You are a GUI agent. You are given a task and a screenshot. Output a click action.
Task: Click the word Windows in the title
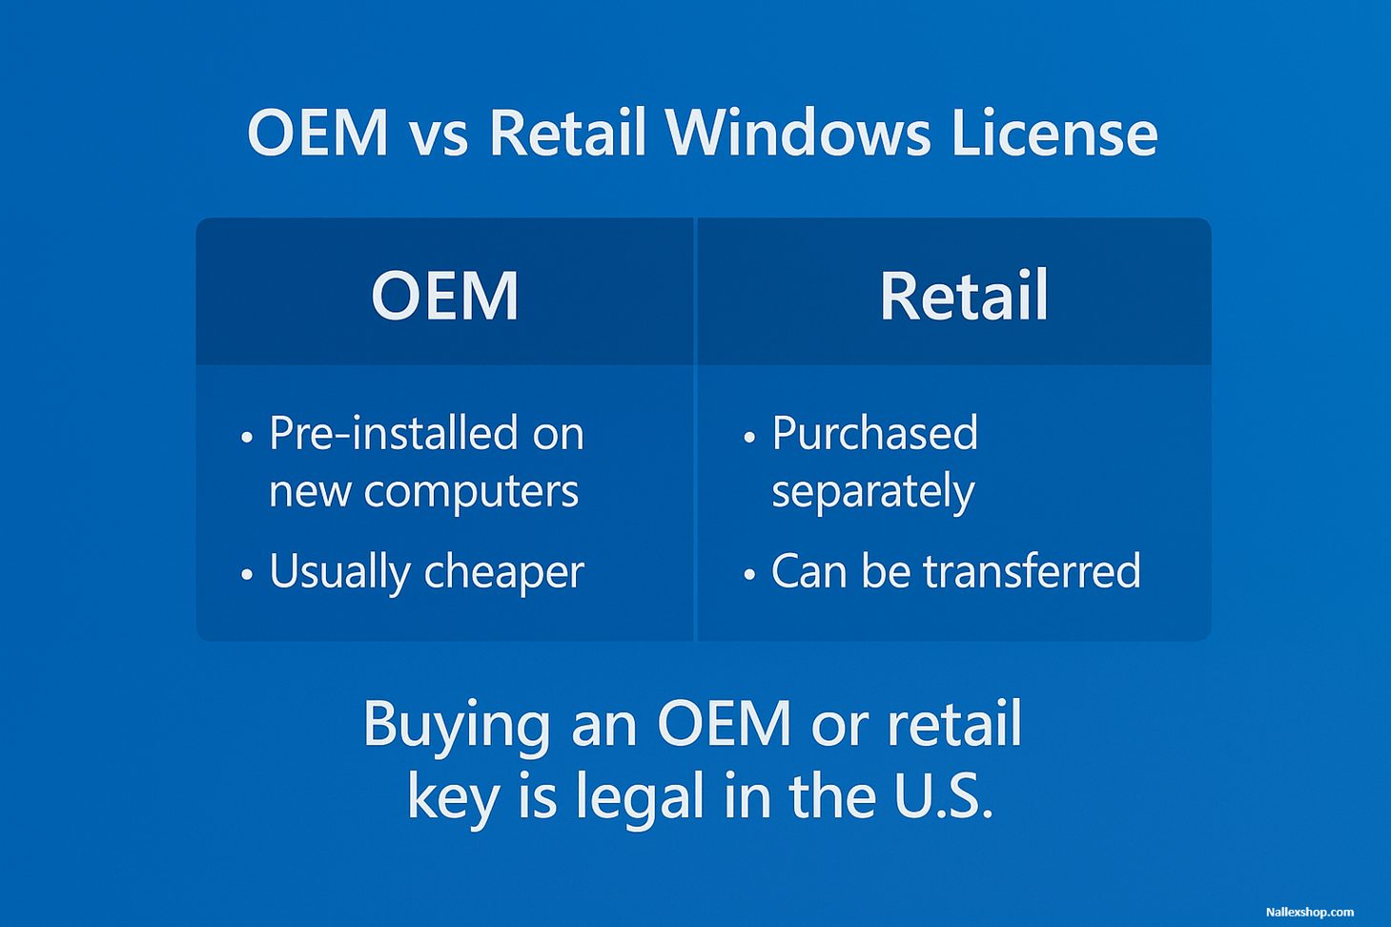coord(797,133)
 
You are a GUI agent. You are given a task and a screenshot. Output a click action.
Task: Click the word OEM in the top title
coord(317,133)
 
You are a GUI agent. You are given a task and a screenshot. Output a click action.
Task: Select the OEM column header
coord(444,296)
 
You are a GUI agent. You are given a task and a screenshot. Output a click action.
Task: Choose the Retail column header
coord(963,296)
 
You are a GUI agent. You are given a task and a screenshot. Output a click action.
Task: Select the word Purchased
coord(874,434)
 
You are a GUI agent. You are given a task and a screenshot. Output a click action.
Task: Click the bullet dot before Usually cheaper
coord(247,574)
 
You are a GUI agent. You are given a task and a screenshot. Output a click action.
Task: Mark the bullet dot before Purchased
coord(749,437)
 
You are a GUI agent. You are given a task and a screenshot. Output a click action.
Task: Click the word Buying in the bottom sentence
coord(456,724)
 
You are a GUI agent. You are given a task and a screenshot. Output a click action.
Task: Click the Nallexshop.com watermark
coord(1309,912)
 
